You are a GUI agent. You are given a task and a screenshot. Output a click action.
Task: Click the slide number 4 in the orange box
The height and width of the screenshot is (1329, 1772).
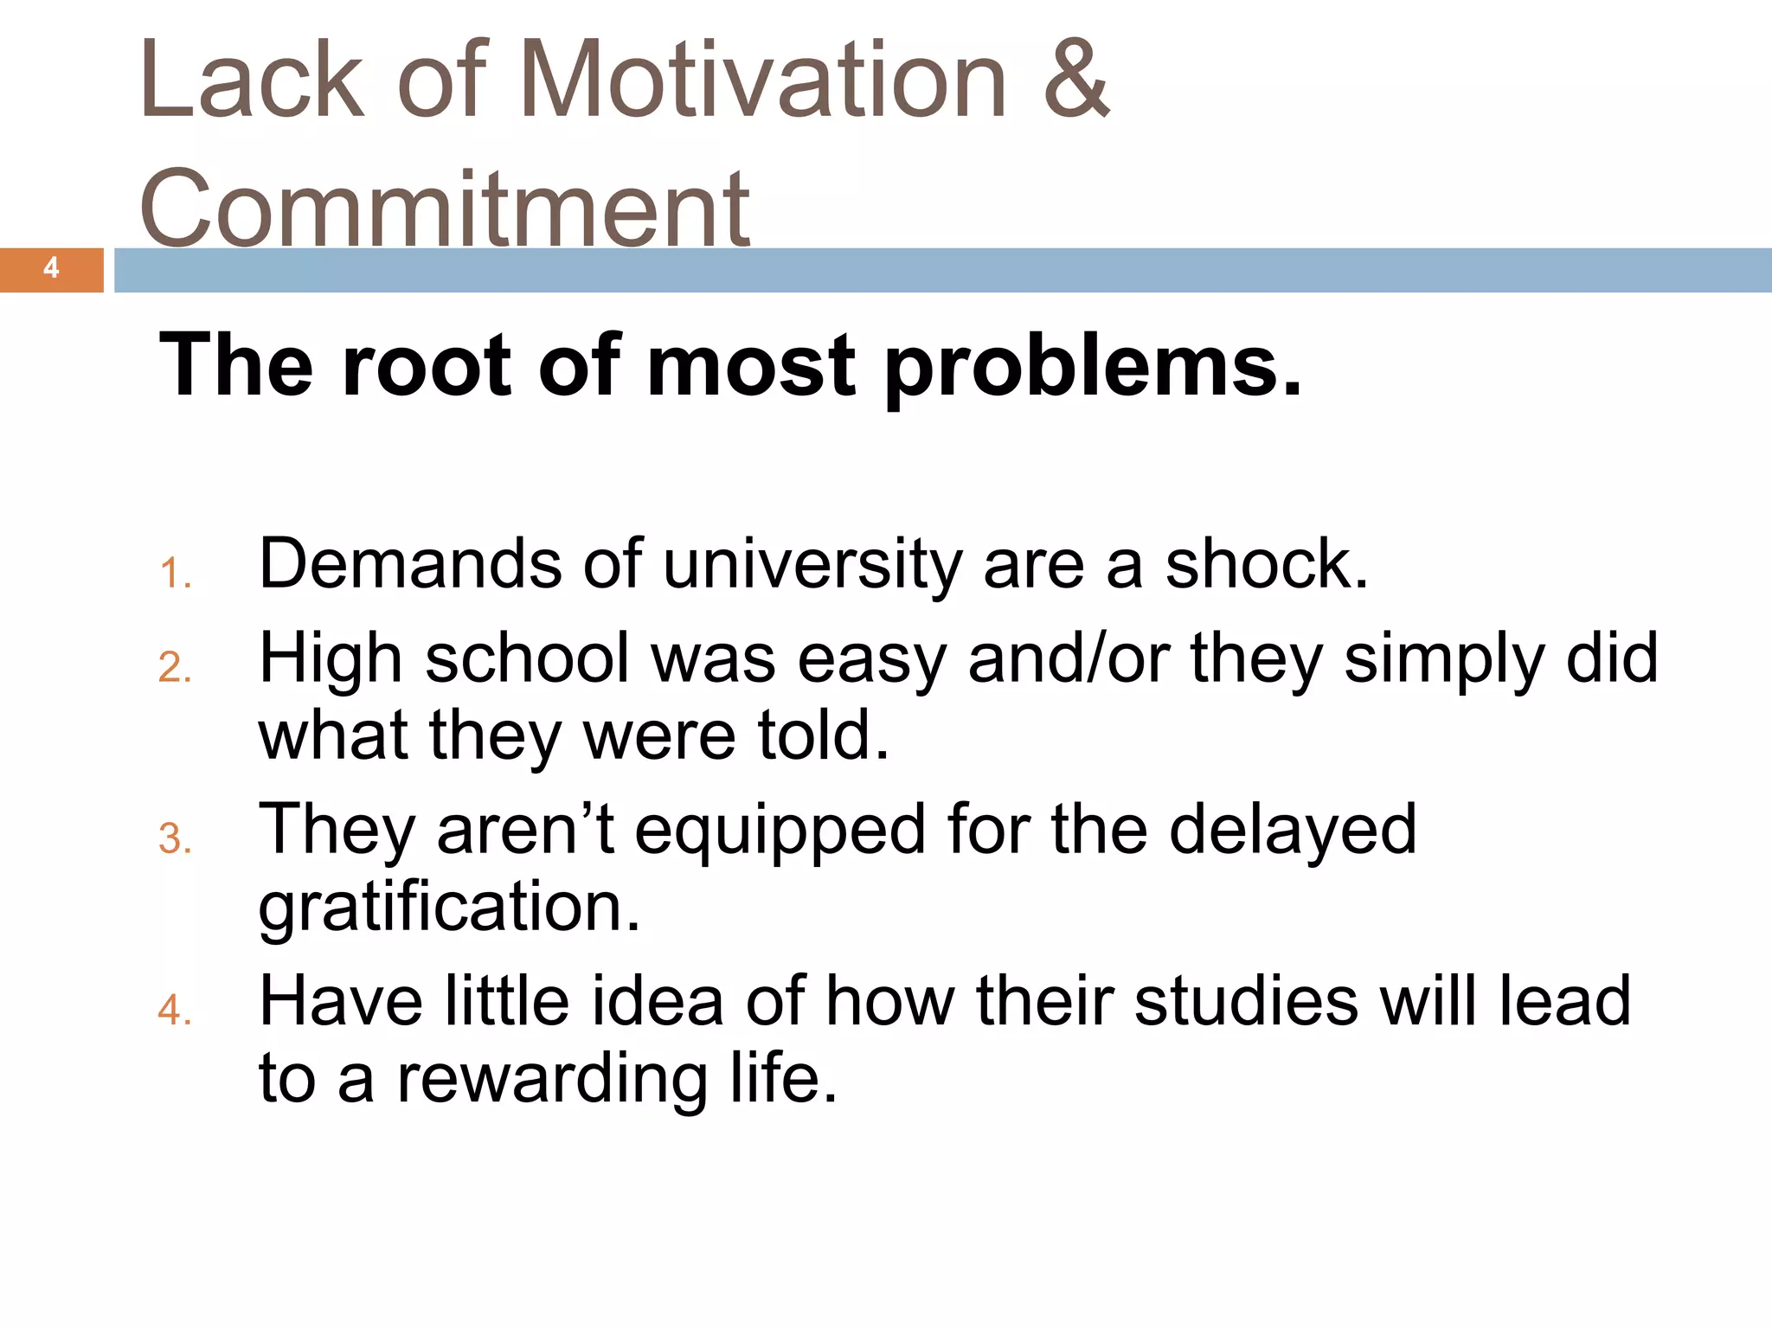(51, 268)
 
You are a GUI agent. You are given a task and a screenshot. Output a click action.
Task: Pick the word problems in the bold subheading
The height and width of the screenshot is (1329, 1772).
(1092, 368)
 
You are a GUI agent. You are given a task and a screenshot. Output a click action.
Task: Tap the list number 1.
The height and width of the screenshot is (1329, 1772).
(174, 575)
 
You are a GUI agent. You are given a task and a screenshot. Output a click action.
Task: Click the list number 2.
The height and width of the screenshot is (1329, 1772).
(174, 668)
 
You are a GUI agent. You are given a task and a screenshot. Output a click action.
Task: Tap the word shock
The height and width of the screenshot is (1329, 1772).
(1266, 564)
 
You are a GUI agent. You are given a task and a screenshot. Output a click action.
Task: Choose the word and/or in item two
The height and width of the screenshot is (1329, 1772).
(1069, 658)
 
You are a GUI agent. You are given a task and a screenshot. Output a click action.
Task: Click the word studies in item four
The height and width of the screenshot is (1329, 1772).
(1246, 1001)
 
